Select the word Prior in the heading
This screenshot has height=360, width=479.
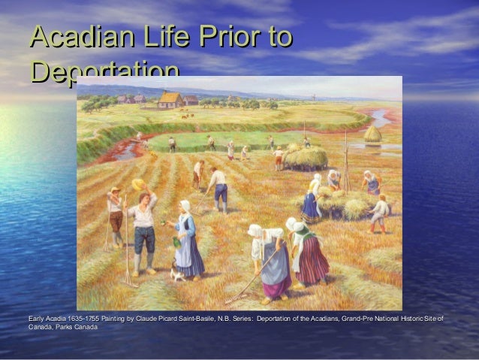226,39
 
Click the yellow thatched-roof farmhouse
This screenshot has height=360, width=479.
171,100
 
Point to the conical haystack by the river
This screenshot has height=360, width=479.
372,133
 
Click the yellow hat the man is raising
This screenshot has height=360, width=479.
138,184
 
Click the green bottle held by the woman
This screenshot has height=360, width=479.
176,241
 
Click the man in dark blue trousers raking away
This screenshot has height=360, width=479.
219,188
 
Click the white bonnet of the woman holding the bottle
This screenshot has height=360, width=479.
184,205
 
